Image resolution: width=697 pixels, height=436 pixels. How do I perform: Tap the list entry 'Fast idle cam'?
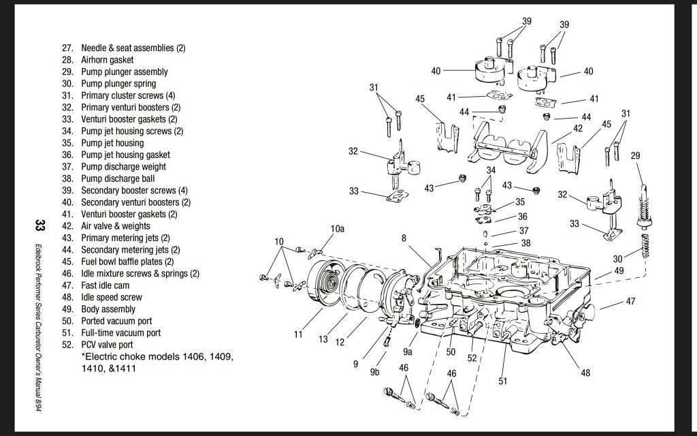[105, 285]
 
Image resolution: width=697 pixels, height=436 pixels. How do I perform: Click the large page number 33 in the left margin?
[40, 226]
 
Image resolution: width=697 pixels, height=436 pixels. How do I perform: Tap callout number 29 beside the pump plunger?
[635, 156]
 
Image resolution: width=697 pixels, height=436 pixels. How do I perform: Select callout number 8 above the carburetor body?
[404, 238]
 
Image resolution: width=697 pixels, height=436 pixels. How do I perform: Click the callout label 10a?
[338, 229]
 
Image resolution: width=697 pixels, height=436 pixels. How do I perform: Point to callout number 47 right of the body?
[630, 301]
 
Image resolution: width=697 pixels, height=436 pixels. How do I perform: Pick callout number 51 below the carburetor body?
[503, 381]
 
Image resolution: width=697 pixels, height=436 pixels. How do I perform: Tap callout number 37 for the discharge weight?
[523, 231]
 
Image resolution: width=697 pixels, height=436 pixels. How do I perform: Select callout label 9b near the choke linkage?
[374, 372]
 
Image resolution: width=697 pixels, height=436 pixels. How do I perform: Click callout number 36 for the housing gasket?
[522, 217]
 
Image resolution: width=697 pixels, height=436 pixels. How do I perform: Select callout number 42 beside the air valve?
[578, 128]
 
